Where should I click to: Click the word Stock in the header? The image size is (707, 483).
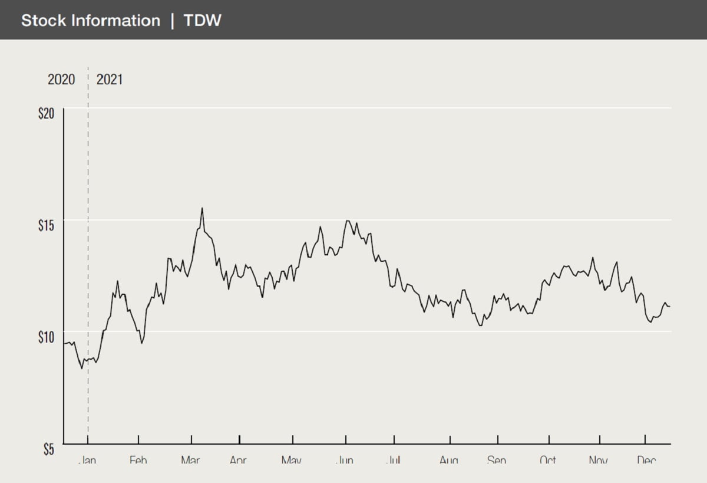tap(43, 21)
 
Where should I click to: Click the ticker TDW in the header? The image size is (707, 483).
tap(202, 21)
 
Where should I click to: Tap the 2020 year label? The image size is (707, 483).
tap(61, 79)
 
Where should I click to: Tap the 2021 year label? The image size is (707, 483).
tap(110, 79)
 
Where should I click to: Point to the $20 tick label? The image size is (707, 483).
tap(47, 114)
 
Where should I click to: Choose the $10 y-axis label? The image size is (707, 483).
tap(47, 337)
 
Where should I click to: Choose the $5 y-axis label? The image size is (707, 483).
tap(49, 449)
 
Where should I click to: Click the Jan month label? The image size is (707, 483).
tap(87, 460)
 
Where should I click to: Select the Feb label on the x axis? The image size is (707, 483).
tap(138, 460)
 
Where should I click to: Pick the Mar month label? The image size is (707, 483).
tap(190, 460)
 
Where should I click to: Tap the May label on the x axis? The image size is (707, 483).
tap(292, 460)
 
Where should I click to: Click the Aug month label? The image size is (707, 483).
tap(449, 460)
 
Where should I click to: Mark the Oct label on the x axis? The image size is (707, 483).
tap(548, 460)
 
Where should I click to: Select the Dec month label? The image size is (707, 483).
tap(646, 460)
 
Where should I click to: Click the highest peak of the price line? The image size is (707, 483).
tap(202, 208)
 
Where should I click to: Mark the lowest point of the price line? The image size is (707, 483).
tap(82, 368)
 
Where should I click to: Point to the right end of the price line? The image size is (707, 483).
tap(670, 306)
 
